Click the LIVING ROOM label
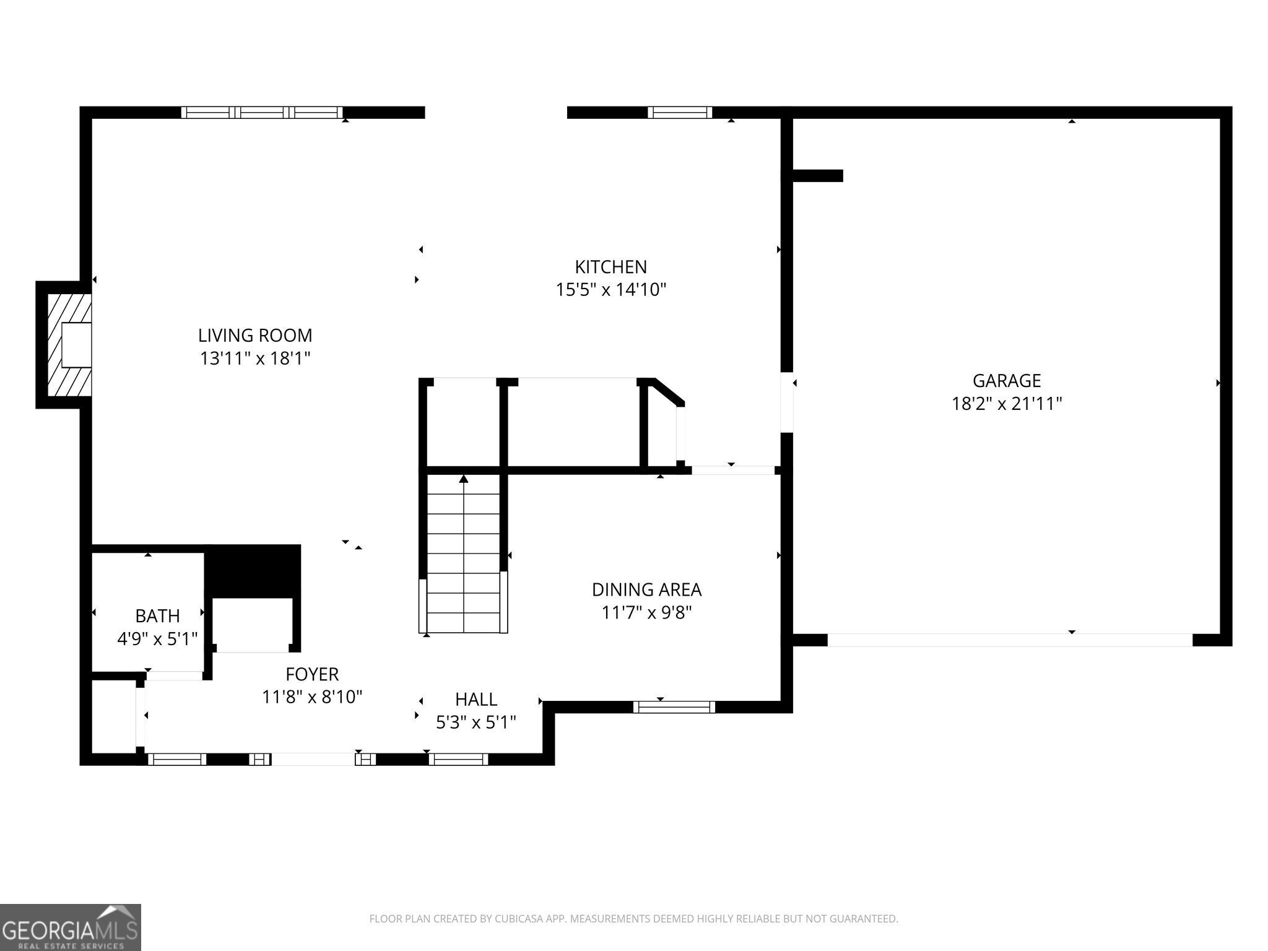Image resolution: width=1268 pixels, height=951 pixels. pyautogui.click(x=254, y=336)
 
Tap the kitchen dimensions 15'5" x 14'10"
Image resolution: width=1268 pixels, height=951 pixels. pyautogui.click(x=610, y=290)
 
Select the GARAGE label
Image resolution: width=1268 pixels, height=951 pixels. pyautogui.click(x=1006, y=380)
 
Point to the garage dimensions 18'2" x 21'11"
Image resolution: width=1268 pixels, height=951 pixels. pyautogui.click(x=1006, y=404)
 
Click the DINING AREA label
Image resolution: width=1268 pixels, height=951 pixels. pyautogui.click(x=646, y=589)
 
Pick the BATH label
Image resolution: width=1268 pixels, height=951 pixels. pyautogui.click(x=157, y=616)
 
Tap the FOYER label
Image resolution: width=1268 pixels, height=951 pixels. pyautogui.click(x=312, y=674)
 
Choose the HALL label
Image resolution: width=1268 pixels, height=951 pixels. pyautogui.click(x=475, y=699)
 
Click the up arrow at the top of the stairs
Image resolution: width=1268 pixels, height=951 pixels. pyautogui.click(x=463, y=479)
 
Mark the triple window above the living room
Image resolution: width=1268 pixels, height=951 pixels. pyautogui.click(x=261, y=112)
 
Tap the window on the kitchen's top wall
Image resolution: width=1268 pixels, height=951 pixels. pyautogui.click(x=679, y=112)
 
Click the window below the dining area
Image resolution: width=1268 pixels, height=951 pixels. pyautogui.click(x=674, y=706)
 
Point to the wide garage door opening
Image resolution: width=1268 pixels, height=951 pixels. pyautogui.click(x=1009, y=640)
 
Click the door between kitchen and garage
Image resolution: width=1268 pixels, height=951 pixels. pyautogui.click(x=786, y=402)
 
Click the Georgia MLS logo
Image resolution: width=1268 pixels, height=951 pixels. pyautogui.click(x=70, y=927)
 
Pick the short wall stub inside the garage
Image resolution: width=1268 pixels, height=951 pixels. pyautogui.click(x=817, y=176)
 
